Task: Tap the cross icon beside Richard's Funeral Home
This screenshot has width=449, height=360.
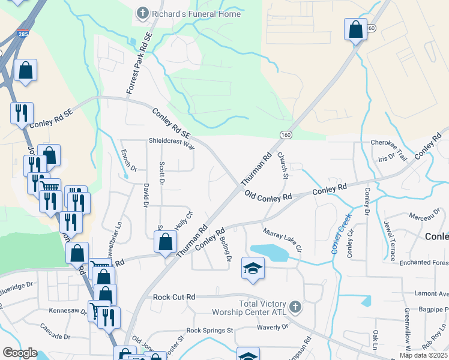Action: (143, 13)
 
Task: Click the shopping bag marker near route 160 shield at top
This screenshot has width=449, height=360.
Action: (355, 29)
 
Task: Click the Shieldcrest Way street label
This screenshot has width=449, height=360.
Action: (172, 145)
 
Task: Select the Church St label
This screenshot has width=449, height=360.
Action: (283, 166)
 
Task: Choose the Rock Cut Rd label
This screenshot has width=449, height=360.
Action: (174, 297)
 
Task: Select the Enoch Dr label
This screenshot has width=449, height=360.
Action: (125, 160)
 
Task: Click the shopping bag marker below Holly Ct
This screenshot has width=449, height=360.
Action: (165, 242)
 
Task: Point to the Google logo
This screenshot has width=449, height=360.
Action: (19, 353)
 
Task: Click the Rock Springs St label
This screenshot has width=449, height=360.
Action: (209, 331)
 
